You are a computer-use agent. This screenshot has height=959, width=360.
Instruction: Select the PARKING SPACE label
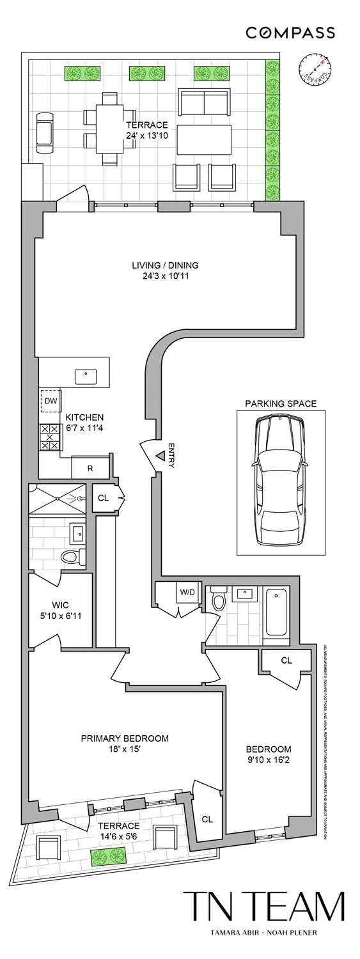(x=281, y=403)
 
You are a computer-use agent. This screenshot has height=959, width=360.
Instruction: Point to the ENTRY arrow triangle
(x=160, y=456)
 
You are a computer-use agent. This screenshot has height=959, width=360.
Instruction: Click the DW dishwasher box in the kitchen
(x=51, y=401)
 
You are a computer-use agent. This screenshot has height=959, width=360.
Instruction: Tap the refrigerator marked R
(x=90, y=468)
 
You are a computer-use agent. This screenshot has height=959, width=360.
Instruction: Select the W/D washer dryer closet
(x=187, y=592)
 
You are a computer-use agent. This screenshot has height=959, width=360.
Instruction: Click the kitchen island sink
(x=86, y=377)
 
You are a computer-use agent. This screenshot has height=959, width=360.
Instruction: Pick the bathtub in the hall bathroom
(x=277, y=611)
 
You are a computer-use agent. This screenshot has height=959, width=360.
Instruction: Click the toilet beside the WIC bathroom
(x=72, y=557)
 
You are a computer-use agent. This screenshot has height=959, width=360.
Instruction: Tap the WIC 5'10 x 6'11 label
(x=60, y=609)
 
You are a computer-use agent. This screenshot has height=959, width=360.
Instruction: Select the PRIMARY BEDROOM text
(x=125, y=738)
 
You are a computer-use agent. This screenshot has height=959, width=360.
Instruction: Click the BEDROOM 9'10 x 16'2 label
(x=269, y=754)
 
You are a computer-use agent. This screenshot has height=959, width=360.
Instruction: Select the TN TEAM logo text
(x=263, y=907)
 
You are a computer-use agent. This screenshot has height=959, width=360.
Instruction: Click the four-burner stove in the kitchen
(x=51, y=437)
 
